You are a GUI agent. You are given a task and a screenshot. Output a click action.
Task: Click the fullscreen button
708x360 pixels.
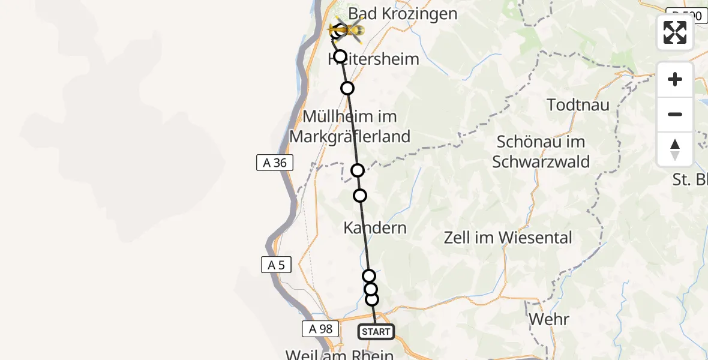[x=675, y=32]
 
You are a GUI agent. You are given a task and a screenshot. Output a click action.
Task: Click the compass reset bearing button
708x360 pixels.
[x=675, y=149]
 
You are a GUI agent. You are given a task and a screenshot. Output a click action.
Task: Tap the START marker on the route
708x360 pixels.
[x=376, y=331]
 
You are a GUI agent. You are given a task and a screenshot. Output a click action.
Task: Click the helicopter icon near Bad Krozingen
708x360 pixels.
[x=346, y=29]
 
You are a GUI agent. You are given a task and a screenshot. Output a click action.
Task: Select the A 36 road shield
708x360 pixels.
[x=275, y=163]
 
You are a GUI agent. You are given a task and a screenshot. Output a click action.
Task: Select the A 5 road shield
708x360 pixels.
[x=277, y=265]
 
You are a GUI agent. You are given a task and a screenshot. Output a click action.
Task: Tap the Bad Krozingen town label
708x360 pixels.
[x=411, y=13]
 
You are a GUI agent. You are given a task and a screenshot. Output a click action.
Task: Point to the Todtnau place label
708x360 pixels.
[x=578, y=105]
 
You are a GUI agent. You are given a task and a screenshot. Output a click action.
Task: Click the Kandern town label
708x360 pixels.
[x=375, y=228]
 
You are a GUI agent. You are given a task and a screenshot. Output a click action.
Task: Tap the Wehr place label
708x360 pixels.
[x=548, y=319]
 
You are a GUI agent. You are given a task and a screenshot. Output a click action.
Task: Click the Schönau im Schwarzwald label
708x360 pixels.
[x=541, y=152]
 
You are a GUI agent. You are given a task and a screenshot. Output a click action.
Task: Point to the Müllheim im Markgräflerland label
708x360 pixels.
[x=350, y=126]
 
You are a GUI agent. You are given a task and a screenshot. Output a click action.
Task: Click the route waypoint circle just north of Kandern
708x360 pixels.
[x=360, y=195]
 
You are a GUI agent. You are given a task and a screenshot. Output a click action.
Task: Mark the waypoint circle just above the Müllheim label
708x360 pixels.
[x=347, y=89]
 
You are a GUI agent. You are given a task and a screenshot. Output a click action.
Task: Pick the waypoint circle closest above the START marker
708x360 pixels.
[x=372, y=299]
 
